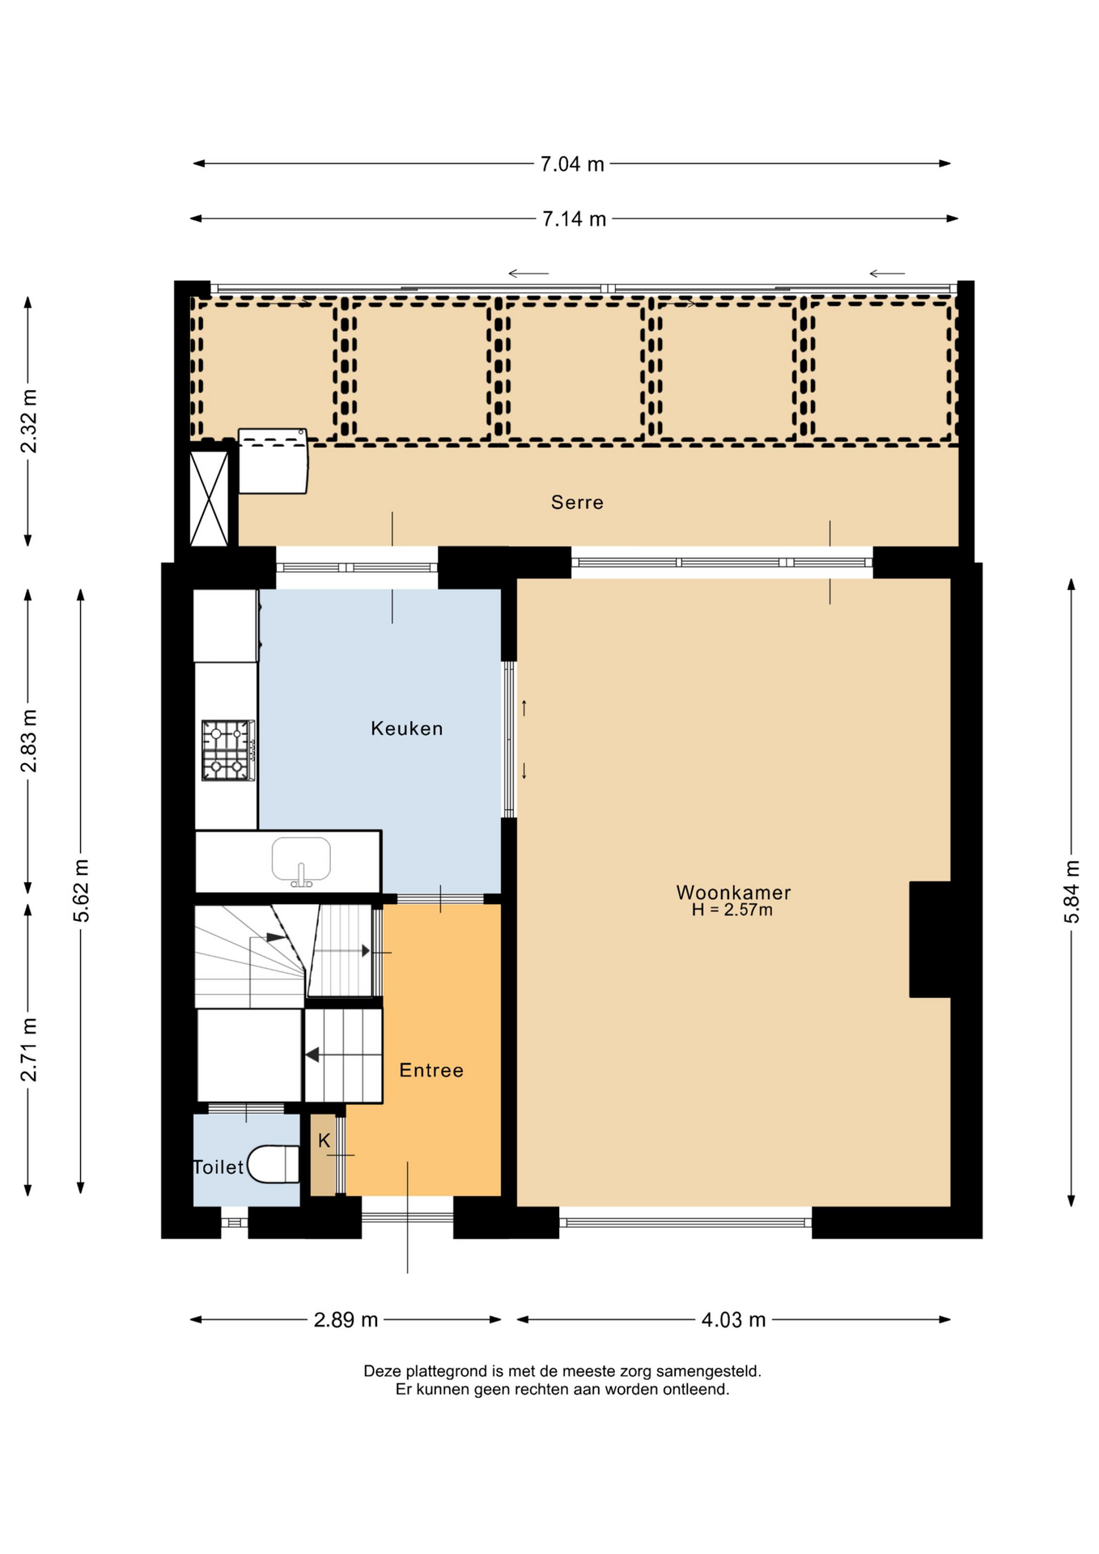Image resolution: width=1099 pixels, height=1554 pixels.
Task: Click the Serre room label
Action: [576, 503]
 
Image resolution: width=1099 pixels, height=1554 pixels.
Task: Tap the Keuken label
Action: [406, 728]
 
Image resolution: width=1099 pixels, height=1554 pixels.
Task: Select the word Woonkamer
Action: [733, 892]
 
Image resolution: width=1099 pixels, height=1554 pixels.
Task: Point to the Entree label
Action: [431, 1070]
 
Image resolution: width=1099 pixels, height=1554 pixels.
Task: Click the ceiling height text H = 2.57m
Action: [732, 910]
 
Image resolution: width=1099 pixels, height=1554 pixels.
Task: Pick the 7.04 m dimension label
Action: [572, 164]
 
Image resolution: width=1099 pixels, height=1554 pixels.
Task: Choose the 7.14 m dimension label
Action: [574, 219]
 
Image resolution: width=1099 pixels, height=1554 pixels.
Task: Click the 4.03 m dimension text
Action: [733, 1320]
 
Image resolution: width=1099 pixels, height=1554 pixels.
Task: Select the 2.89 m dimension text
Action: [346, 1320]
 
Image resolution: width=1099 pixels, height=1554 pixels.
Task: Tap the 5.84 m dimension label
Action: [1071, 892]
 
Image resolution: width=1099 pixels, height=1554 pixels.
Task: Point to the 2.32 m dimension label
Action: [29, 422]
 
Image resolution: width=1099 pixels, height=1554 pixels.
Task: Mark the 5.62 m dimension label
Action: [81, 891]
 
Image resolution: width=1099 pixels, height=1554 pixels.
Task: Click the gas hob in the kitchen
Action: [228, 750]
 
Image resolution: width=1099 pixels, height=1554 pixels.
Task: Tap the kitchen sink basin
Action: [301, 860]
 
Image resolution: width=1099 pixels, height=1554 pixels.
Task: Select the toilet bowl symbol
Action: [274, 1164]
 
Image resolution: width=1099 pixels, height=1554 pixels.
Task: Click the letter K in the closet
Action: [324, 1140]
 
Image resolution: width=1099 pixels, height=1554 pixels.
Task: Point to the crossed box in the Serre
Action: [209, 499]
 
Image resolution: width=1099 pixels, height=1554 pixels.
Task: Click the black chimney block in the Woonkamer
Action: [930, 939]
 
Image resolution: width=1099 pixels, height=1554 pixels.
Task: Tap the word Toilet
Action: [219, 1167]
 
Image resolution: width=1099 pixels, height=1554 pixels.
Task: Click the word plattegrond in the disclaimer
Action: [444, 1372]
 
